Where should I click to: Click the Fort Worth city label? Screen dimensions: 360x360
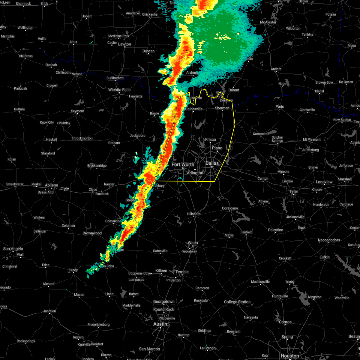coord(183,164)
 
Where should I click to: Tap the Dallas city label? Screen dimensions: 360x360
coord(212,163)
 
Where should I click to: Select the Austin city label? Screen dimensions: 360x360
coord(160,324)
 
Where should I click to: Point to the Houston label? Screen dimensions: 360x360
coord(290,356)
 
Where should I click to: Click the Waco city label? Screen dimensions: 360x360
coord(193,243)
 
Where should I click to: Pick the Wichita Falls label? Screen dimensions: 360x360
coord(119,90)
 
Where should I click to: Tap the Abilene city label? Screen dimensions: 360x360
coord(51,185)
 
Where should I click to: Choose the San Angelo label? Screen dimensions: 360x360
coord(13,249)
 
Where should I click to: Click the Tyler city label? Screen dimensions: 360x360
coord(294,191)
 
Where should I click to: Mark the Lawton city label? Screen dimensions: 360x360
coord(124,44)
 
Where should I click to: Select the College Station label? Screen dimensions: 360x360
coord(237,302)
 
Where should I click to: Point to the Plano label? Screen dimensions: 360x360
coord(217,148)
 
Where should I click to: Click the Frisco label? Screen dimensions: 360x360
coord(210,139)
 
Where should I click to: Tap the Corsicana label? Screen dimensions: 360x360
coord(230,208)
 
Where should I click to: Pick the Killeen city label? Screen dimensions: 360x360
coord(161,271)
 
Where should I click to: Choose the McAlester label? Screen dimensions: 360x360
coord(268,22)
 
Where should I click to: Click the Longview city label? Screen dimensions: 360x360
coord(324,182)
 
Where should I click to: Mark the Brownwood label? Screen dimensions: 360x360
coord(92,233)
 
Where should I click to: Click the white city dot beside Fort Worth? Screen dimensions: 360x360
coord(183,168)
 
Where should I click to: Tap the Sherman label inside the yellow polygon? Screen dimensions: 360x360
coord(222,108)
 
